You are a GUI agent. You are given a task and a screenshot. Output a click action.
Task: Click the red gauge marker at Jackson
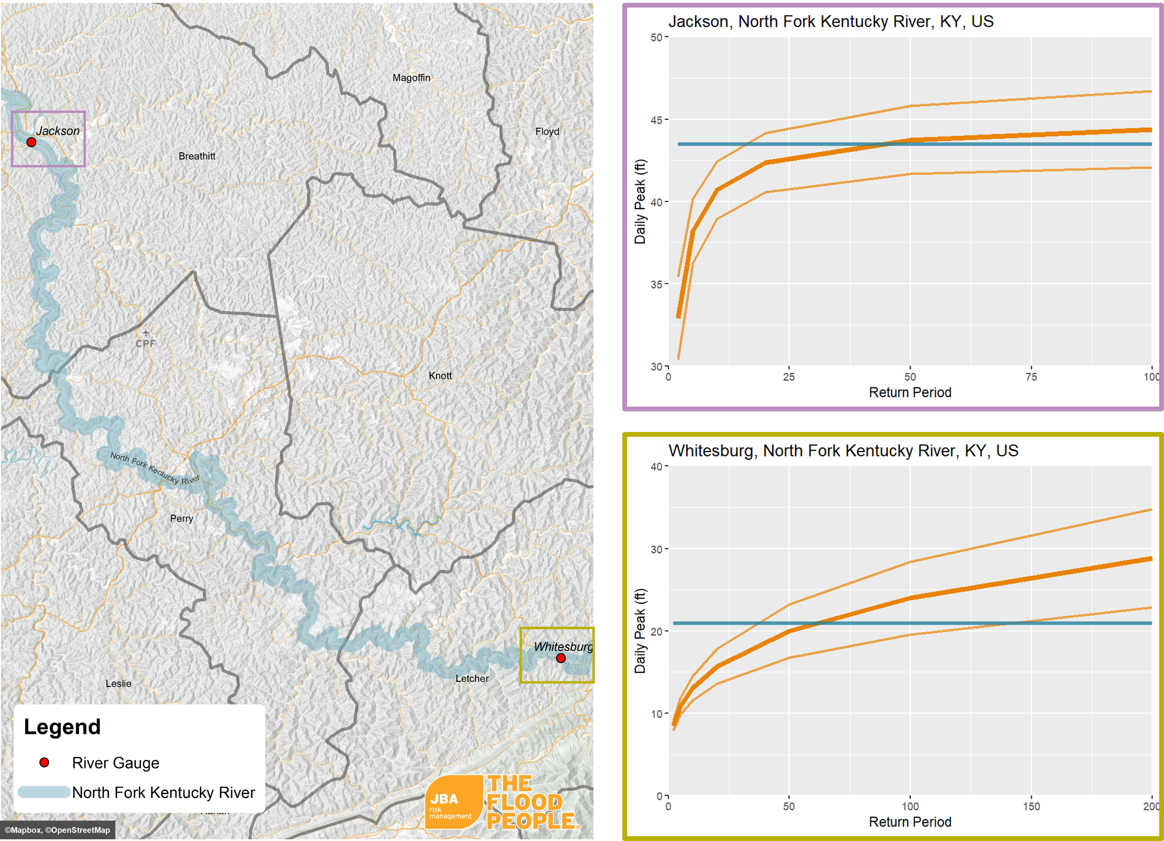point(31,142)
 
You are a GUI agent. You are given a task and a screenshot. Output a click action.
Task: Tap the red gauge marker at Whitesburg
point(561,658)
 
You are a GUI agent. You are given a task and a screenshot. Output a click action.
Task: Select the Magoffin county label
point(411,77)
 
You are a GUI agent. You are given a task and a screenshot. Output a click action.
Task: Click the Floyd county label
point(547,131)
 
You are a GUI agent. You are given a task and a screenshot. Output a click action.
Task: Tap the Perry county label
point(181,519)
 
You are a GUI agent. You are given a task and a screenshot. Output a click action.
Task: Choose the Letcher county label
point(472,678)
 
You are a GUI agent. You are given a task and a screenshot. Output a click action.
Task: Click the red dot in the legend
point(44,763)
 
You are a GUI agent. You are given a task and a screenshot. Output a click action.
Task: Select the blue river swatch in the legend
point(44,792)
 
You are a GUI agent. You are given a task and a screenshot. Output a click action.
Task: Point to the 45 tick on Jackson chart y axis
point(656,120)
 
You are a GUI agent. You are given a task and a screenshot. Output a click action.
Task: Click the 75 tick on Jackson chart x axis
point(1031,377)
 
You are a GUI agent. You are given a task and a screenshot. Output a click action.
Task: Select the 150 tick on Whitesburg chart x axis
point(1031,806)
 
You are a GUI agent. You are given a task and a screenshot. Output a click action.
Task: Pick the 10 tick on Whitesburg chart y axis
point(656,714)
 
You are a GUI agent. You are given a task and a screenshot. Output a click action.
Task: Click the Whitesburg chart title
point(843,450)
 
